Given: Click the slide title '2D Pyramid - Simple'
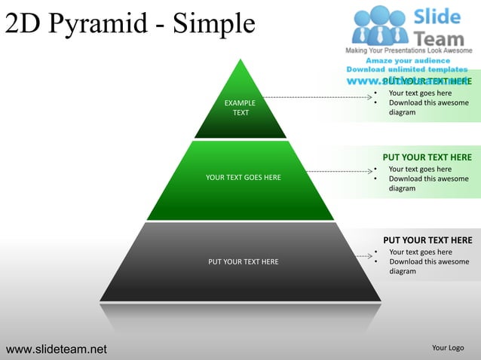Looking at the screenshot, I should pos(128,24).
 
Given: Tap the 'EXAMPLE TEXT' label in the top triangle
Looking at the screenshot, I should pos(240,108).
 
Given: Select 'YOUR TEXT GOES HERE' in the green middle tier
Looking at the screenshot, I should pos(243,178).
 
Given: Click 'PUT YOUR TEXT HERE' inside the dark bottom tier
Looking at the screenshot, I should pos(243,262).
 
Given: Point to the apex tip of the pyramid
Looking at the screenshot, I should pos(240,60).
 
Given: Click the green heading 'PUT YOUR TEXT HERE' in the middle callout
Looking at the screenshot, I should pos(427,157).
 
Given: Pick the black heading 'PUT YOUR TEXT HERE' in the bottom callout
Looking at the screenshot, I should pos(427,240).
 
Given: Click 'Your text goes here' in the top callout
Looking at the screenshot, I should pos(420,93).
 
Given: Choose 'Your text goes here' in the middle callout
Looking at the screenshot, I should pos(420,169).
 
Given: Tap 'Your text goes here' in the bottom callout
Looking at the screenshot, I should pos(420,252).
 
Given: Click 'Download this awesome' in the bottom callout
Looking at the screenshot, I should pos(428,262).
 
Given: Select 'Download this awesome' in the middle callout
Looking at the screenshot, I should pos(428,179).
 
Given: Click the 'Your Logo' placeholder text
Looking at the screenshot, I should pos(448,347).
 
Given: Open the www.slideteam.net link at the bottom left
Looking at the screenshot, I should pos(57,349).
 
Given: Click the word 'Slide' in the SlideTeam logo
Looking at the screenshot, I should pos(439,17).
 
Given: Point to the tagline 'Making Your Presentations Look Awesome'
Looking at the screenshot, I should pos(408,50).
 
